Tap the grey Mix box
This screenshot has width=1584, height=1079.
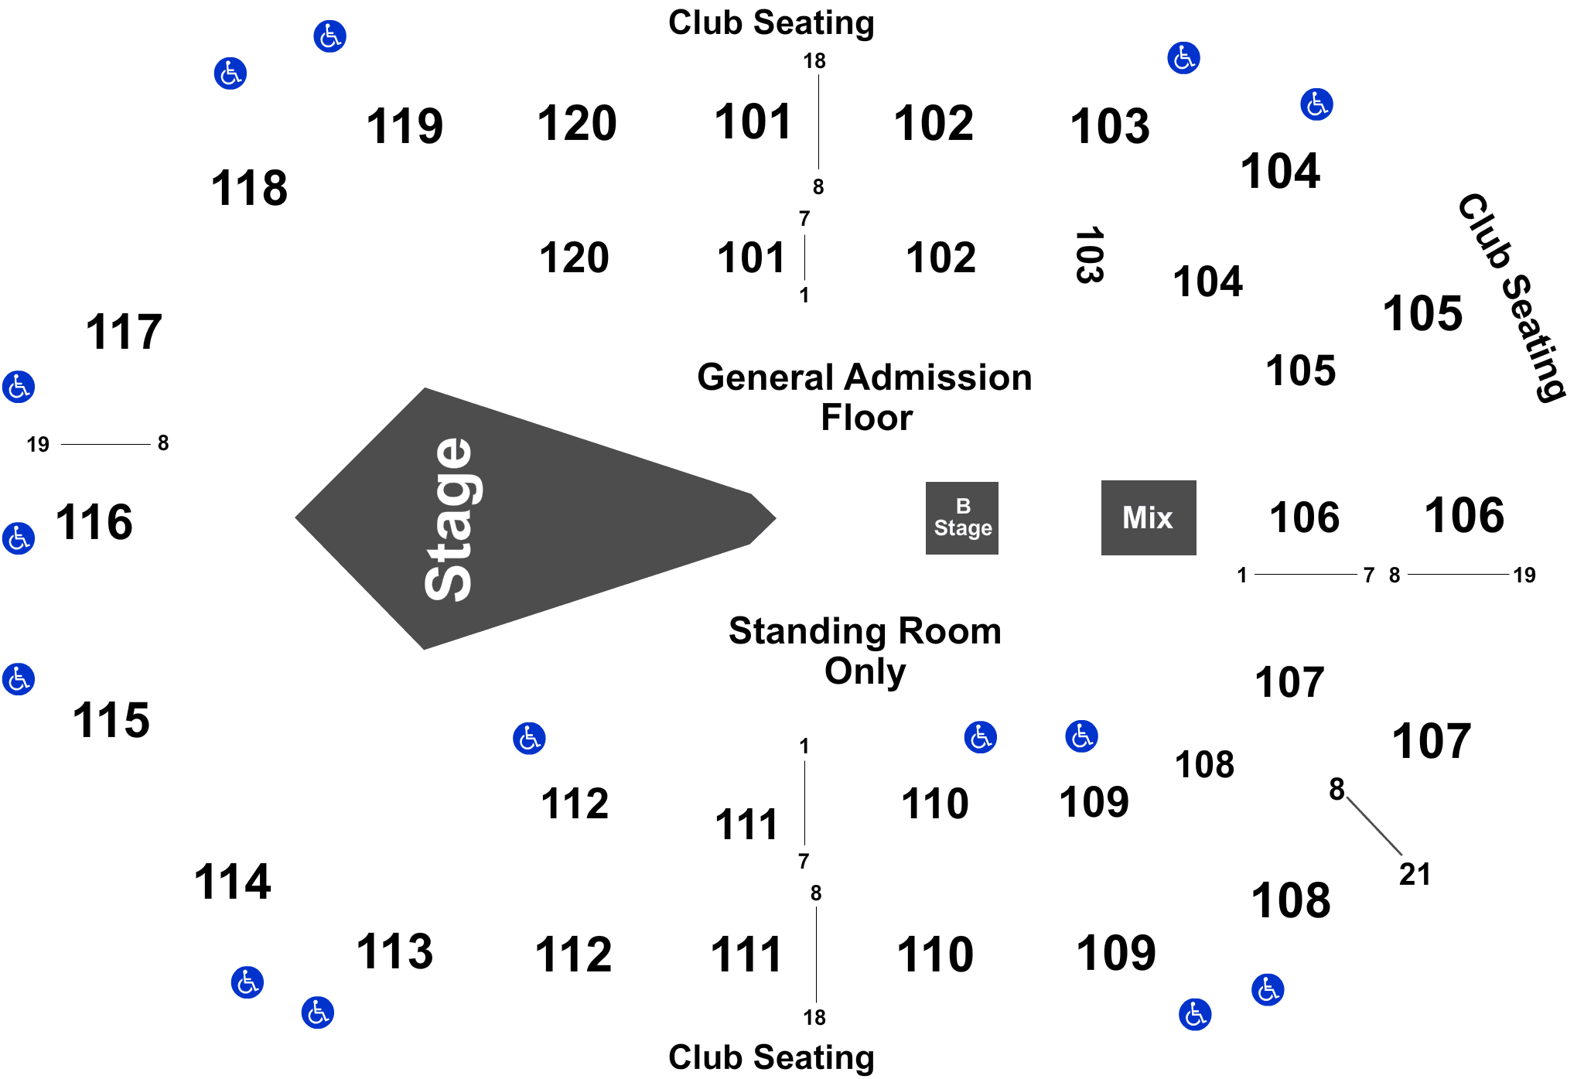1148,517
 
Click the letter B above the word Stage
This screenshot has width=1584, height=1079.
963,506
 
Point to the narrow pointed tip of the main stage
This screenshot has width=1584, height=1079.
773,518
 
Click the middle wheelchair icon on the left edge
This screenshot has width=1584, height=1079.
18,538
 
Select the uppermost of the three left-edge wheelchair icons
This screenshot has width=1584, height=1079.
18,386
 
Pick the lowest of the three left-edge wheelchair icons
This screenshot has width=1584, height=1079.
18,679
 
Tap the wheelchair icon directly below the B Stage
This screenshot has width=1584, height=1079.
980,737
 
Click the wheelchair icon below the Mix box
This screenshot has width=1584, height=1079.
1081,736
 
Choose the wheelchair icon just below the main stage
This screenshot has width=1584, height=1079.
529,739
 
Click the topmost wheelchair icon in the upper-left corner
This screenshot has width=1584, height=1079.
330,36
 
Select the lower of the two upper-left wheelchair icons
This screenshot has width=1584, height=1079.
230,73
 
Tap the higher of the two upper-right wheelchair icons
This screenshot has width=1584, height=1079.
1183,57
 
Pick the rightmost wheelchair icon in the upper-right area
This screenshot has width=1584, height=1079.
1317,104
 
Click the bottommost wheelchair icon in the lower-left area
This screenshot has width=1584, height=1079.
318,1012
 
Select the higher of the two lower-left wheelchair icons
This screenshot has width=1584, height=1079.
247,982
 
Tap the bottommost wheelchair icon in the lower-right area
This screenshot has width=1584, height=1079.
1195,1014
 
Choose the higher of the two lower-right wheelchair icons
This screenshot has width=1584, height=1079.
1268,989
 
